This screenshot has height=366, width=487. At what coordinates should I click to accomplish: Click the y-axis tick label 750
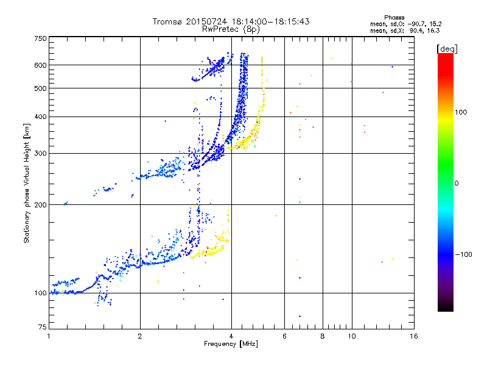click(x=41, y=38)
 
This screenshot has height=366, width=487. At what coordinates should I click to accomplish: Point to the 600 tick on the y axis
click(x=41, y=65)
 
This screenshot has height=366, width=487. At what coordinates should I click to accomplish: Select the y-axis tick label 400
click(x=41, y=117)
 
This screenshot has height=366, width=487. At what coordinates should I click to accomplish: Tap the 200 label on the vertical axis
click(x=41, y=204)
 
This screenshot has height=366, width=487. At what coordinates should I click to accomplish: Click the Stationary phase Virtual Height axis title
click(x=27, y=183)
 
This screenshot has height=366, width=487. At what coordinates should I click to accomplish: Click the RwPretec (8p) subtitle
click(x=231, y=29)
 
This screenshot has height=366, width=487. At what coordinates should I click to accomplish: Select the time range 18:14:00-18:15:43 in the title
click(x=269, y=21)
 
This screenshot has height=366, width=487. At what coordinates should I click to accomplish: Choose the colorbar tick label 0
click(x=457, y=183)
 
